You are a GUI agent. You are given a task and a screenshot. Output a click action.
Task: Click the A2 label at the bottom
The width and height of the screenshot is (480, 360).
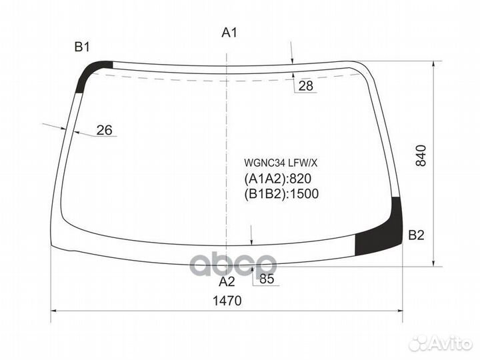[228, 281]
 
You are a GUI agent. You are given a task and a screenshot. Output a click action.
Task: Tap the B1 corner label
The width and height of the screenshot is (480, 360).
[82, 47]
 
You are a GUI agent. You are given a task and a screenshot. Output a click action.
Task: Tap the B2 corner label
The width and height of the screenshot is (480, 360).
[416, 235]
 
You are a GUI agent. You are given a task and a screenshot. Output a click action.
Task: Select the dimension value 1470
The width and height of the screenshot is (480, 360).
[226, 301]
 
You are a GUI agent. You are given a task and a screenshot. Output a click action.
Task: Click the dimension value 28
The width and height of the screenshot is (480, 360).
[306, 85]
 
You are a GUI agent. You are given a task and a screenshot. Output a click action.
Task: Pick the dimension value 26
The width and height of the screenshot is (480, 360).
[104, 130]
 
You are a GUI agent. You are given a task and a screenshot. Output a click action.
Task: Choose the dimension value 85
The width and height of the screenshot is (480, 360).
[267, 279]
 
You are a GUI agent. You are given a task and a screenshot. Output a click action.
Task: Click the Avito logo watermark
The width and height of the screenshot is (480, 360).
[441, 343]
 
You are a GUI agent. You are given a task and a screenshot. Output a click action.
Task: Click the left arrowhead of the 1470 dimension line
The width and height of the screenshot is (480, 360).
[55, 311]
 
